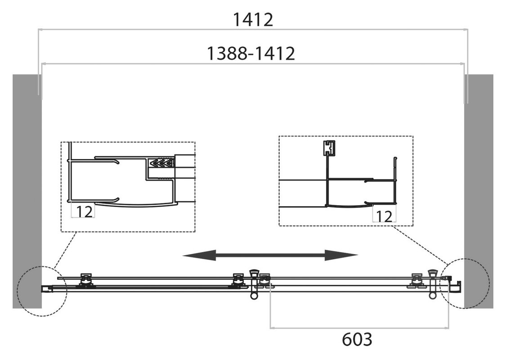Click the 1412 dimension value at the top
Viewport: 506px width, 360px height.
(x=253, y=20)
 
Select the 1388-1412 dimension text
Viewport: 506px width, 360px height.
(x=251, y=53)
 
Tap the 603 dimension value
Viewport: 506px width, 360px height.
(x=357, y=339)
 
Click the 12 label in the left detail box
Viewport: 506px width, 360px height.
(x=84, y=212)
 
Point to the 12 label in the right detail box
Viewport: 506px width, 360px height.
(x=385, y=216)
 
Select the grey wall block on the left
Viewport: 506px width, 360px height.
(x=27, y=191)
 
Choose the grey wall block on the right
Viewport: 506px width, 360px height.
(x=479, y=191)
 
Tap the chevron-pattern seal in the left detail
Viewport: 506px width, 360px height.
(x=161, y=163)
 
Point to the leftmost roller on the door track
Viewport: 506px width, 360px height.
(x=85, y=280)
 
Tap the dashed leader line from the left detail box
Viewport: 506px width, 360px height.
(x=65, y=250)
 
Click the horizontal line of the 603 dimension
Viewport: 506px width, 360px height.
(x=359, y=328)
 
